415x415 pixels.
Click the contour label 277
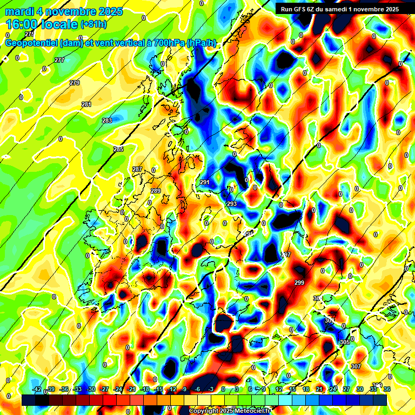(59, 60)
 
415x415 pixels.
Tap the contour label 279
(75, 83)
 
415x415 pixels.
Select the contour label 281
(86, 104)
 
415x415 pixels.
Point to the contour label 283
(107, 121)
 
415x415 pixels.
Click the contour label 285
(118, 149)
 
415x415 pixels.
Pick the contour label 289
(156, 191)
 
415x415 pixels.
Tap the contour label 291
(205, 182)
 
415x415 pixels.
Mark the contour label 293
(231, 204)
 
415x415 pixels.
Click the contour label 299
(299, 283)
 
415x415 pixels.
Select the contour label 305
(345, 342)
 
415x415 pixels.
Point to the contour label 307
(356, 366)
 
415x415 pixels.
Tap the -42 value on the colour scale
(37, 389)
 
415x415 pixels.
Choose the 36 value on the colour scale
(387, 389)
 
